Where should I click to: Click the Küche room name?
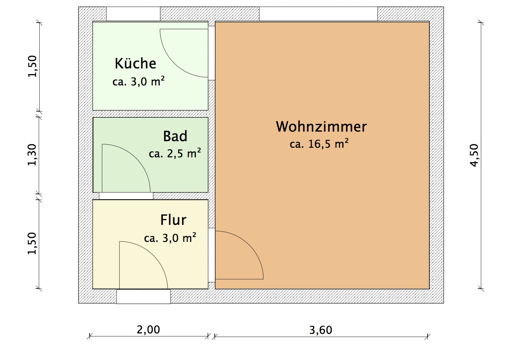click(x=135, y=63)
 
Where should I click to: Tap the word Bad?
click(x=175, y=136)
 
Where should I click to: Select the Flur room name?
click(x=173, y=220)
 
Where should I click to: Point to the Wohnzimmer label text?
click(x=321, y=126)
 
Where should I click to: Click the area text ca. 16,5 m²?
click(x=320, y=143)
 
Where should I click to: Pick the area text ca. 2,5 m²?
click(x=175, y=153)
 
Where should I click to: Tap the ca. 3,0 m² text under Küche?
click(x=138, y=81)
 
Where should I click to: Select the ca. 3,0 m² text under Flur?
click(x=170, y=238)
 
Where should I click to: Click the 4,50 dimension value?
click(x=474, y=155)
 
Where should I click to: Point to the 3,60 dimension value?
click(x=321, y=330)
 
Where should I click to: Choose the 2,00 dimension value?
click(x=148, y=330)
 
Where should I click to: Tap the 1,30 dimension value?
click(x=32, y=155)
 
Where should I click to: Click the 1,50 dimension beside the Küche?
click(x=32, y=66)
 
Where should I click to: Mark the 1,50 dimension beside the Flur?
click(x=32, y=243)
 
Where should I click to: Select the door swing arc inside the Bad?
click(x=136, y=158)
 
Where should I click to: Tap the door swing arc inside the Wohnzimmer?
click(x=249, y=245)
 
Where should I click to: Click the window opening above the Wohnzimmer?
click(x=318, y=14)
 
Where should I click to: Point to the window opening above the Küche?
click(x=133, y=14)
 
